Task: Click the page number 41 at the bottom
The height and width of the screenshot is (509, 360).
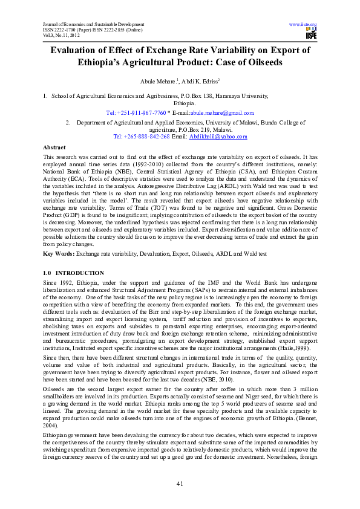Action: point(180,483)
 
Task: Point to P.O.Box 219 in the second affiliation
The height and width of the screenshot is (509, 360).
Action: point(195,129)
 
